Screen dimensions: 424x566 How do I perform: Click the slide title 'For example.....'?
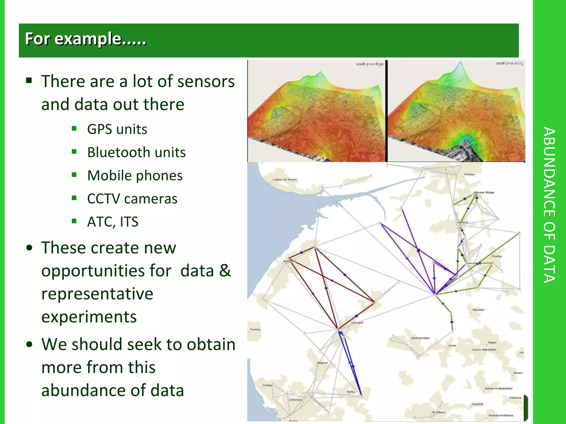(x=85, y=39)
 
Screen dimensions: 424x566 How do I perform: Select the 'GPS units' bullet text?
(x=117, y=129)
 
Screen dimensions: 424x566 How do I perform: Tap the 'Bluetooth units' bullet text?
(x=136, y=152)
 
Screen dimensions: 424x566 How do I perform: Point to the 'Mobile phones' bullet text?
(x=135, y=176)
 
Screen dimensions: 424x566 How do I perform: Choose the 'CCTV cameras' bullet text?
(x=132, y=199)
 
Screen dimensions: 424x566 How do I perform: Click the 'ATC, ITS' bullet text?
(x=112, y=222)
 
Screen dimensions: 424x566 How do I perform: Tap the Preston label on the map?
(x=469, y=174)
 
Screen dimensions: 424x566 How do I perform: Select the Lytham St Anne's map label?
(x=284, y=180)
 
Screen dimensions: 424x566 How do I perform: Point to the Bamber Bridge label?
(x=484, y=192)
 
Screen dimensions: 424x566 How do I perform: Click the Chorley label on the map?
(x=496, y=256)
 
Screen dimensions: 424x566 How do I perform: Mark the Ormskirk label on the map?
(x=357, y=323)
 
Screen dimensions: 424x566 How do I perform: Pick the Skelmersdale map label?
(x=420, y=338)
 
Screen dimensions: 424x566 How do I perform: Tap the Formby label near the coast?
(x=255, y=329)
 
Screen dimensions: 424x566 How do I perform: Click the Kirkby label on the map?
(x=351, y=392)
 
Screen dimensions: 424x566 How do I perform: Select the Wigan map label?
(x=492, y=343)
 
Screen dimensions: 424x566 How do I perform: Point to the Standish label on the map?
(x=478, y=310)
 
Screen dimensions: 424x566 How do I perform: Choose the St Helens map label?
(x=439, y=412)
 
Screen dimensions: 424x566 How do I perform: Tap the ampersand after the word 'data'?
(x=225, y=271)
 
